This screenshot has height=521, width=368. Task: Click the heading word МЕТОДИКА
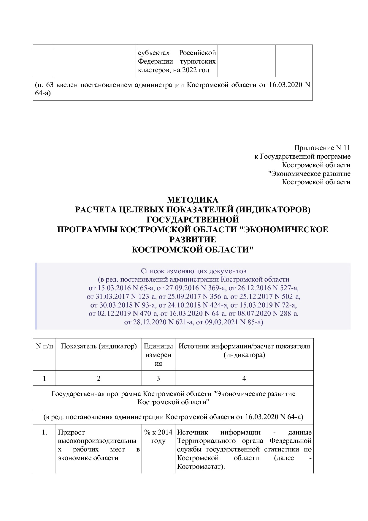click(x=193, y=200)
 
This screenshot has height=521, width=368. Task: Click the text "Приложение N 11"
click(x=322, y=148)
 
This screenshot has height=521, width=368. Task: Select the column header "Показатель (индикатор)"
click(x=99, y=346)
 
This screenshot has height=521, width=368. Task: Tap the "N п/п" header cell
click(x=45, y=346)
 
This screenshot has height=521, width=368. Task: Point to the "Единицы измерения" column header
click(x=158, y=355)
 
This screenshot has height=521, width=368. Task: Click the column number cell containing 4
click(x=244, y=378)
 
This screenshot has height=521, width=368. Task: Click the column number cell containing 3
click(x=158, y=378)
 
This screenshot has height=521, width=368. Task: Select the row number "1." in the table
click(x=45, y=432)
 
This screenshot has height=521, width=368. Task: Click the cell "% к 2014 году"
click(x=158, y=436)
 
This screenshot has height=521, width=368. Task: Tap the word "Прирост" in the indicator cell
click(x=71, y=432)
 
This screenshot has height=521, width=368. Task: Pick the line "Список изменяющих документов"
click(x=193, y=271)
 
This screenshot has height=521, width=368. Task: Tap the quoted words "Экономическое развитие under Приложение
click(x=309, y=173)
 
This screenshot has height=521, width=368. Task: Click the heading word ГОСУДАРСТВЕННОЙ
click(x=193, y=220)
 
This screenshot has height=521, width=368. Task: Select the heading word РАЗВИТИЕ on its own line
click(x=193, y=239)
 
